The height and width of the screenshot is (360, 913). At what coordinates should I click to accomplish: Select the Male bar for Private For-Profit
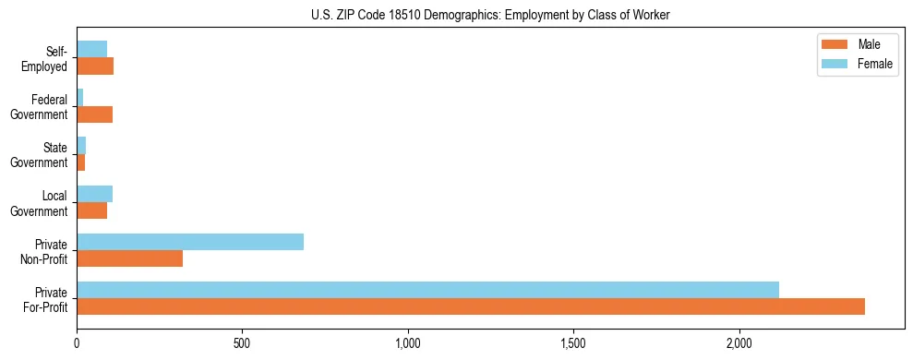click(x=471, y=306)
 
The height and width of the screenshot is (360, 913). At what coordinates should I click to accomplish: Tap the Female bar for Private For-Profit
click(x=427, y=290)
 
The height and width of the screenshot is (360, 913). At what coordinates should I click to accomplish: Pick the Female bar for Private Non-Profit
click(x=190, y=242)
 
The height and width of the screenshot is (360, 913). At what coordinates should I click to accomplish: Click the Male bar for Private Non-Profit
click(x=129, y=258)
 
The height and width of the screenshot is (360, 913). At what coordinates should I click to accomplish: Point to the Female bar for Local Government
click(x=94, y=194)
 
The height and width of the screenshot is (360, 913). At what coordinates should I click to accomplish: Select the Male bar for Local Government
click(x=91, y=210)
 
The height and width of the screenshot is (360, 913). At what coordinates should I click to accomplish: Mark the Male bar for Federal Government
click(x=94, y=114)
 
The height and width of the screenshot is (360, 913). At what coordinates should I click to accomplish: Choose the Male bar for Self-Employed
click(x=95, y=66)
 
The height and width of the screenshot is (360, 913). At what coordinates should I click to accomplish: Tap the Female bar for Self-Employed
click(x=91, y=49)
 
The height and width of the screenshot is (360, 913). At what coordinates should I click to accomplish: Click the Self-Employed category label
click(x=48, y=58)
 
